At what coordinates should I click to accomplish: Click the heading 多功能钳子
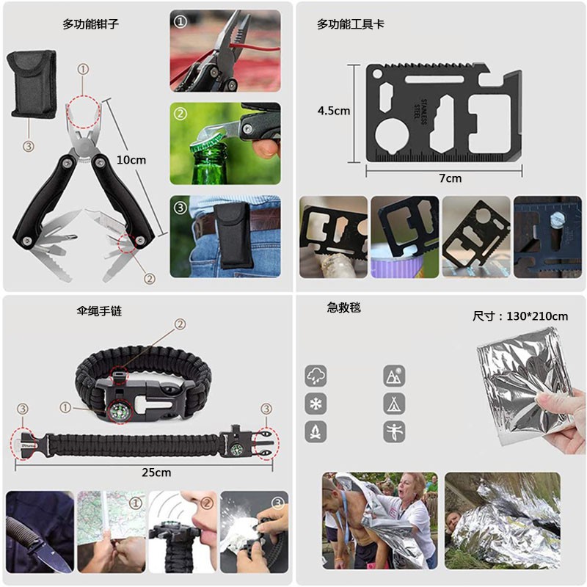(90, 24)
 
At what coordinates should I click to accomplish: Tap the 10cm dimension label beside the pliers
(131, 160)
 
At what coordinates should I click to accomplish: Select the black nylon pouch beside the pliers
(32, 84)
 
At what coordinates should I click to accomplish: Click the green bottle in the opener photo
(205, 164)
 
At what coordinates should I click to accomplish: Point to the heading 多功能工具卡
(351, 24)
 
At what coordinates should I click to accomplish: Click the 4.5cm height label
(334, 111)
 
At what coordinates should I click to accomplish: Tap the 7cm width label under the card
(450, 178)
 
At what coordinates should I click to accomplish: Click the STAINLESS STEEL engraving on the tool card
(420, 112)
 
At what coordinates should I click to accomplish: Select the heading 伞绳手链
(99, 310)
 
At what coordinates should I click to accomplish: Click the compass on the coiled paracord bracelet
(120, 411)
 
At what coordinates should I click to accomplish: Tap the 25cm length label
(156, 473)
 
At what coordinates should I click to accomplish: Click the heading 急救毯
(343, 307)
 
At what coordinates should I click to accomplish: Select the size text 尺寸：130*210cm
(520, 316)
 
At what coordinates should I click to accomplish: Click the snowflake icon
(316, 404)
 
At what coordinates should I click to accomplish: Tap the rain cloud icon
(316, 376)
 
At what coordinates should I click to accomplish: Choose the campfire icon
(316, 431)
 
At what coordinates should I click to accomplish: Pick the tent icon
(394, 404)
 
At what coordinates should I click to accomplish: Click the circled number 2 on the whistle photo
(206, 503)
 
